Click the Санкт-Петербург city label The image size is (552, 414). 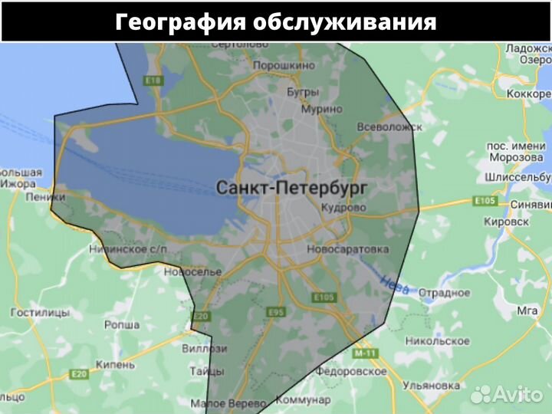point(292,187)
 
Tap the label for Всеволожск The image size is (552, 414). point(390,127)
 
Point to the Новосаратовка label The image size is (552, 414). point(347,250)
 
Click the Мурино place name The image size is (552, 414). point(321,109)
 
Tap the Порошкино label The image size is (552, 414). point(284,66)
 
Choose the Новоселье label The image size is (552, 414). point(192,272)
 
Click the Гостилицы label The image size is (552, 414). point(39,313)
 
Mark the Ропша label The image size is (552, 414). point(121,324)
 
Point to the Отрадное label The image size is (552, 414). point(444,293)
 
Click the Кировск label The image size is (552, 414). point(508,221)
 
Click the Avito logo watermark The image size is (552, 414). point(507,393)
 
